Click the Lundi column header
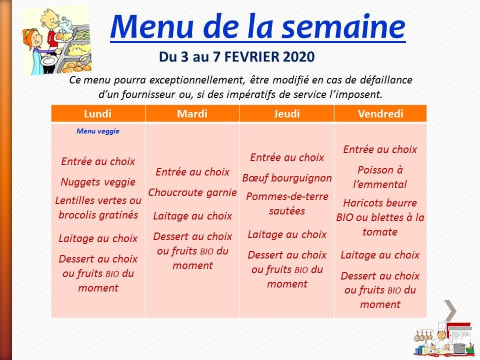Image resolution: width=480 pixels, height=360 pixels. (x=97, y=114)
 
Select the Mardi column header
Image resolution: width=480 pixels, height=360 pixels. (x=192, y=114)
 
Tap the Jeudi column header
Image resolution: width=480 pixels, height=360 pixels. (x=286, y=114)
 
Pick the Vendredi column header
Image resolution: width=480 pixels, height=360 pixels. (x=380, y=114)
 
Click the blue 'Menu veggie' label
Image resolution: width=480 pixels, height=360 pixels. (x=98, y=131)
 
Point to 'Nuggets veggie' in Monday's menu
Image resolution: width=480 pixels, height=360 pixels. (x=98, y=182)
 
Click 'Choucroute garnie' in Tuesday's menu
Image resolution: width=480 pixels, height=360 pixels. (x=192, y=192)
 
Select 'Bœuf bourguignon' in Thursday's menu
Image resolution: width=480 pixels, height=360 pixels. (x=287, y=178)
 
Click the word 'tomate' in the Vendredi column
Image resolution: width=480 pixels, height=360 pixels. (x=380, y=232)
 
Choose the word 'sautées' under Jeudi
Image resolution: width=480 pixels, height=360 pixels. (x=287, y=211)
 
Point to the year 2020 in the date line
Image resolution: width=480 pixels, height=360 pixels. (x=299, y=57)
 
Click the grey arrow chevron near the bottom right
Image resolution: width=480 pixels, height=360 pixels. (x=451, y=310)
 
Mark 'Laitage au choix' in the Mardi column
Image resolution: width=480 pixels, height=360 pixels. (x=192, y=216)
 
